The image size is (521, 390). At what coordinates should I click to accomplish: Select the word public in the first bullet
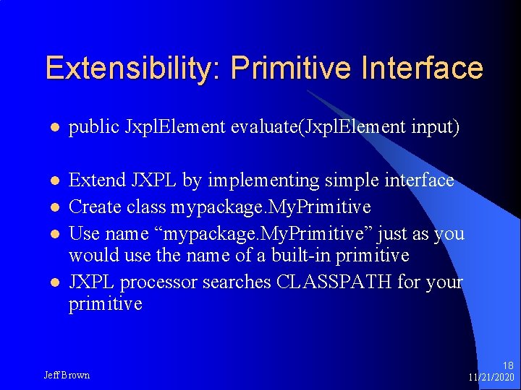tap(94, 128)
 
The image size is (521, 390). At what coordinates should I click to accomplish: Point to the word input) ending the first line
tap(433, 128)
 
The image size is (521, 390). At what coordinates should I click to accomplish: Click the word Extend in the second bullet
tap(96, 180)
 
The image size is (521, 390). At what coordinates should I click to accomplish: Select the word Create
tap(93, 207)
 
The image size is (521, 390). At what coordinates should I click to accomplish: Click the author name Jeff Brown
tap(67, 375)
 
